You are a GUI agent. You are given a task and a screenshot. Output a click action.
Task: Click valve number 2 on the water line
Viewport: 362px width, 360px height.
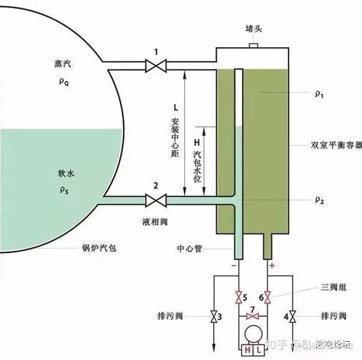point(155,201)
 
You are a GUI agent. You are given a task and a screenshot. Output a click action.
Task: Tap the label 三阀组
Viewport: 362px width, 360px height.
point(319,288)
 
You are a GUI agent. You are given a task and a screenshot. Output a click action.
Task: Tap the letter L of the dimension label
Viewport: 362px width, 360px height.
point(175,108)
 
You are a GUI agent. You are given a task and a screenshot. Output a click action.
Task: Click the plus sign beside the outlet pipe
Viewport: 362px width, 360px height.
point(273,265)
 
